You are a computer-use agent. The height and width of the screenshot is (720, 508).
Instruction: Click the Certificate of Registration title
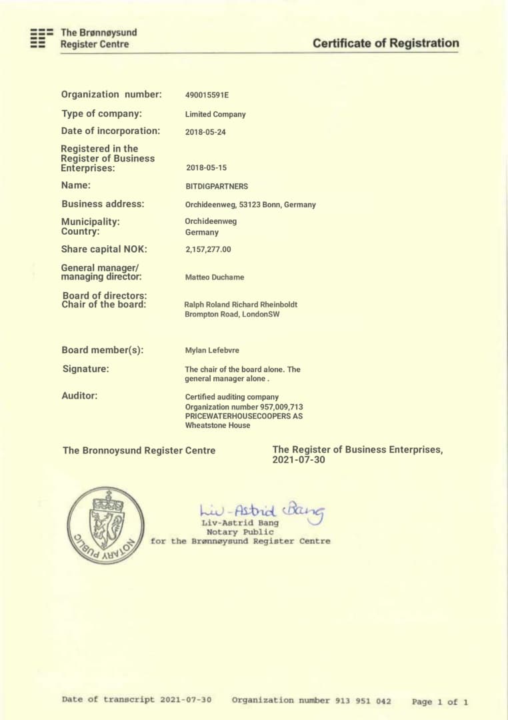[x=385, y=43]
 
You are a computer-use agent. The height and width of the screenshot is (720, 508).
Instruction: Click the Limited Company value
[x=215, y=114]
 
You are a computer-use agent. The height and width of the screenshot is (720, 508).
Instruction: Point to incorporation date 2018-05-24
[x=205, y=132]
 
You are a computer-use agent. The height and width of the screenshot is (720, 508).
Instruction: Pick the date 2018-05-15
[x=206, y=168]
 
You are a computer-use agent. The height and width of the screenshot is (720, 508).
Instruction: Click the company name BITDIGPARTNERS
[x=217, y=187]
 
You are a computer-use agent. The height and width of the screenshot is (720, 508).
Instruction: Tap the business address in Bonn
[x=250, y=205]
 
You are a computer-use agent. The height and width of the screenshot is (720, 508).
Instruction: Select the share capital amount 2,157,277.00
[x=208, y=249]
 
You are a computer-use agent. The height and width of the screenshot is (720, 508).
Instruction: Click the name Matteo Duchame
[x=215, y=277]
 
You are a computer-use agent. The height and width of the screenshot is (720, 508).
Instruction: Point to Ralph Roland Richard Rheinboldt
[x=241, y=305]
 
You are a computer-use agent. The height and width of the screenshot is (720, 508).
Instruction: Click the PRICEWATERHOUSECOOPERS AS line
[x=243, y=416]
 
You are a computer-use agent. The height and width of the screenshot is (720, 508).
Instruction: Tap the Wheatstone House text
[x=217, y=425]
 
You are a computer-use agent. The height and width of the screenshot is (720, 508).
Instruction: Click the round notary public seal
[x=105, y=525]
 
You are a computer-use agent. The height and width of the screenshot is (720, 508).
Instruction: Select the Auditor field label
[x=79, y=395]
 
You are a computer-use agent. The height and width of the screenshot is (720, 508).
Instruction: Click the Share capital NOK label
[x=104, y=249]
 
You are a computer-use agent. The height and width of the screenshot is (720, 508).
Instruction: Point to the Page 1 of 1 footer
[x=440, y=701]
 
